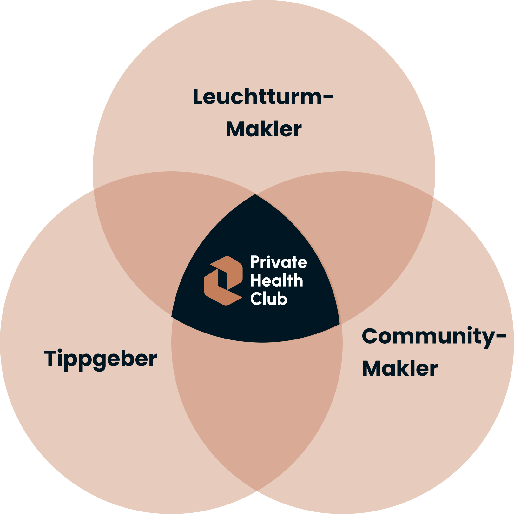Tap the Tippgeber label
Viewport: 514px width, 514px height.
coord(101,359)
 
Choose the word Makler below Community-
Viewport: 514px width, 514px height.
coord(400,369)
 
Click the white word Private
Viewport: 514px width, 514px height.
coord(279,262)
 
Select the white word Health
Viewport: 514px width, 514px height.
coord(276,281)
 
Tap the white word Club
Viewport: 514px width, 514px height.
coord(269,299)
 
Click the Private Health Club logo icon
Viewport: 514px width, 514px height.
coord(223,281)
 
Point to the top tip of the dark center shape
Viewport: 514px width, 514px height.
coord(255,195)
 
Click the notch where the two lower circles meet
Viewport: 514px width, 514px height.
coord(257,492)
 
